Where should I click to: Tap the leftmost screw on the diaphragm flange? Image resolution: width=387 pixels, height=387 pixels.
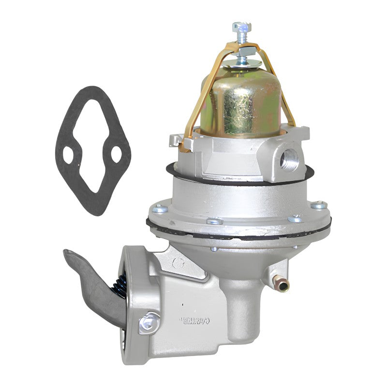(x=160, y=209)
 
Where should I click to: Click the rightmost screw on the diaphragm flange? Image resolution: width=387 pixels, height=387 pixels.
(x=318, y=206)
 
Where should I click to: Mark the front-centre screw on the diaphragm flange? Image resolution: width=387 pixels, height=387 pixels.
(x=213, y=222)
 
